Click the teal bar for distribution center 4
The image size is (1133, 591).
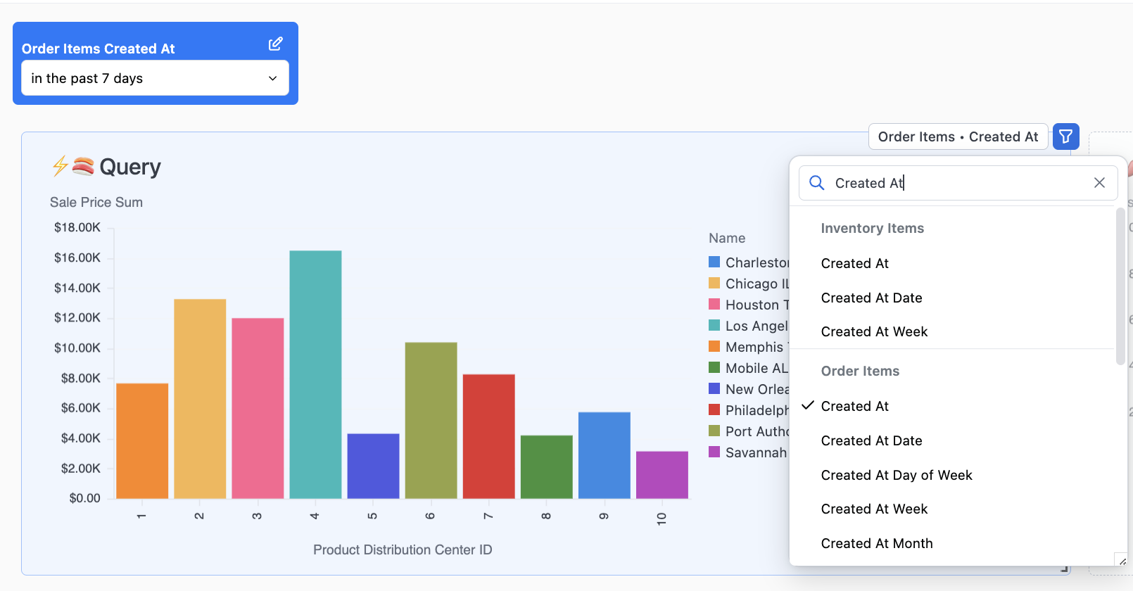pos(315,374)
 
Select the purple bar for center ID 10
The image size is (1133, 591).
pos(662,475)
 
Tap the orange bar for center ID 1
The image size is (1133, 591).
pos(142,441)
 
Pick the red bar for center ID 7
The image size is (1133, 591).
pos(488,436)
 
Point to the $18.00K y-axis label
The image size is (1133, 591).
pos(77,227)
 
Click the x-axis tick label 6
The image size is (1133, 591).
pos(430,516)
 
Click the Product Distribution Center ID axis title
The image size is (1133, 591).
pos(403,549)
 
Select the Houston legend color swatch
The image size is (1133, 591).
pos(714,305)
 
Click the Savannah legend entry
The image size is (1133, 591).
pos(755,452)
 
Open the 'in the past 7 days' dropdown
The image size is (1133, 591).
pos(155,78)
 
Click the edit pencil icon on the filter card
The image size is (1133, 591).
pos(275,44)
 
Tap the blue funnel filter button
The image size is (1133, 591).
pos(1065,136)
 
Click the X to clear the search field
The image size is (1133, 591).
pos(1099,183)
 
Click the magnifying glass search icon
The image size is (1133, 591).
pos(816,183)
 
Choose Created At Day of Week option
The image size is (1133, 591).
pos(896,475)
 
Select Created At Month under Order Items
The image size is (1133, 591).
pos(876,543)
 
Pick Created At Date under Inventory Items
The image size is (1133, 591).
pos(871,298)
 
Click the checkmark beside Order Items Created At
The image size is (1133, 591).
pos(808,405)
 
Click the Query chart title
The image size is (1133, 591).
pos(129,167)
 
